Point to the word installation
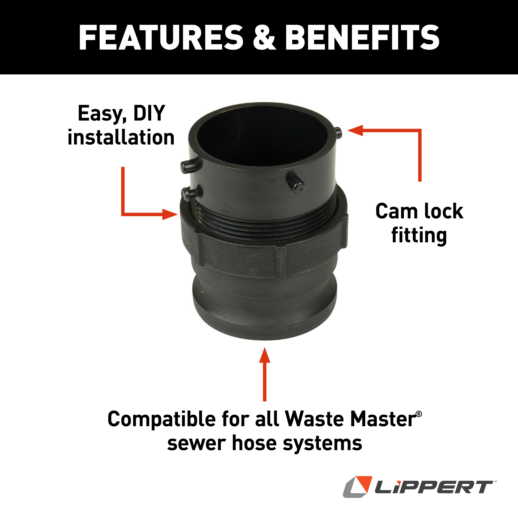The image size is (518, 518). click(121, 138)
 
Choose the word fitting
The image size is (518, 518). click(419, 236)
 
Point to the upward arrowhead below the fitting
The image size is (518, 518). click(265, 355)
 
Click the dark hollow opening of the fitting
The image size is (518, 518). click(261, 137)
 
